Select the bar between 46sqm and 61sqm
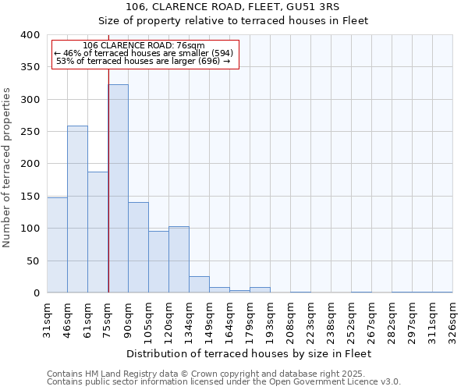pyautogui.click(x=77, y=209)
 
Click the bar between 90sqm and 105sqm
pyautogui.click(x=138, y=247)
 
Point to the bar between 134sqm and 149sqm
pyautogui.click(x=199, y=285)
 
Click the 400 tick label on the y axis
pyautogui.click(x=30, y=35)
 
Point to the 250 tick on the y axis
pyautogui.click(x=30, y=132)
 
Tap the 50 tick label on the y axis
pyautogui.click(x=33, y=261)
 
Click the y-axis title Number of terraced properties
pyautogui.click(x=8, y=168)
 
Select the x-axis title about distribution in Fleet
pyautogui.click(x=249, y=353)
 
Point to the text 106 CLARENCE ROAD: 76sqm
pyautogui.click(x=144, y=45)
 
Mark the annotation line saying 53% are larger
pyautogui.click(x=144, y=61)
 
